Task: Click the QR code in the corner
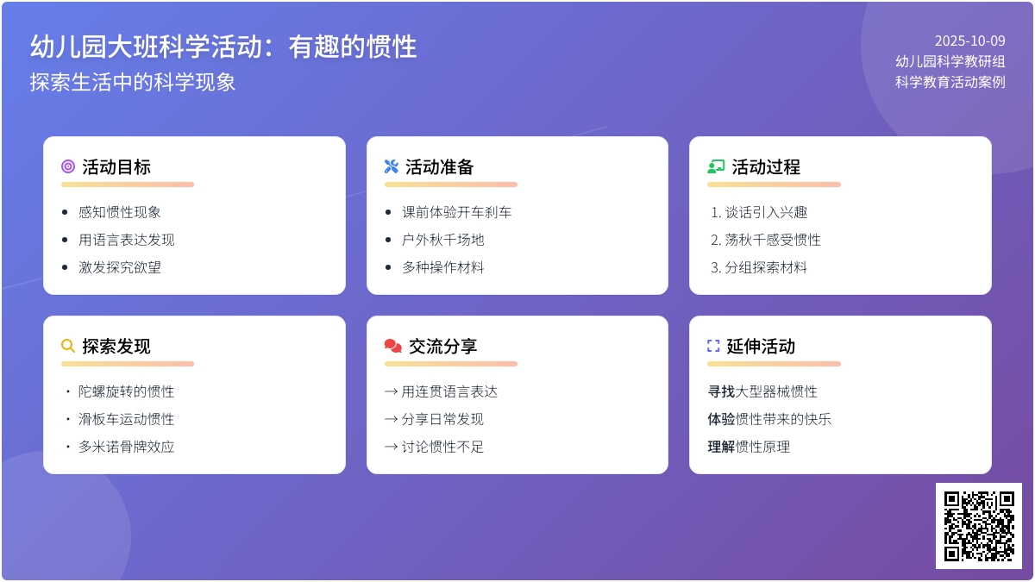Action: point(978,525)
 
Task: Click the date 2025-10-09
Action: point(969,41)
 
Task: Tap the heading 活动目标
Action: point(116,167)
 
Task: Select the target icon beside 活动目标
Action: point(68,167)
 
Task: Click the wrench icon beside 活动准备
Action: point(392,167)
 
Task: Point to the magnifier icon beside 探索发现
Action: point(68,347)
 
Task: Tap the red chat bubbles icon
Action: point(393,347)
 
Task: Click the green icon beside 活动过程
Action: point(716,167)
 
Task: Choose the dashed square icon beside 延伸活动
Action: point(713,347)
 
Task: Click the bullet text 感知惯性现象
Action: point(120,212)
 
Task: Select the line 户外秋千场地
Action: point(443,240)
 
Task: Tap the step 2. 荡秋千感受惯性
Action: point(766,240)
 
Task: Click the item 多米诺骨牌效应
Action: point(127,447)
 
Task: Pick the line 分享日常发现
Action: point(442,419)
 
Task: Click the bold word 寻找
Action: point(721,391)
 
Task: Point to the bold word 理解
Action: point(721,447)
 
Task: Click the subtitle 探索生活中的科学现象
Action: point(133,82)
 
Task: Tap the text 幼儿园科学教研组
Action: point(950,61)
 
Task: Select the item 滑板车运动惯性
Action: point(127,419)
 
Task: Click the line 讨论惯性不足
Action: point(442,447)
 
